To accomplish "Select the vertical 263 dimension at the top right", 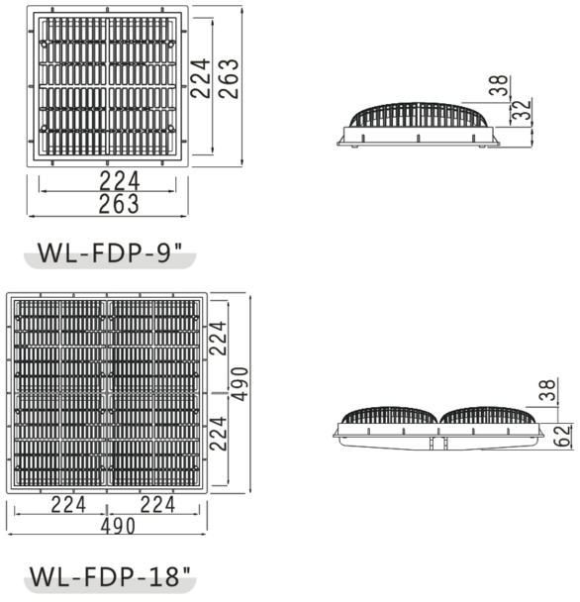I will tap(229, 78).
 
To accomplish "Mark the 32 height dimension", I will tap(524, 112).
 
